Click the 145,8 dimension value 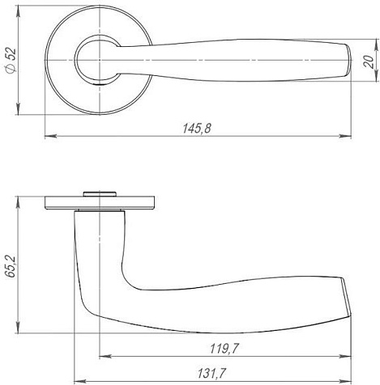(x=197, y=129)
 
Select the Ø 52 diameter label (x=11, y=60)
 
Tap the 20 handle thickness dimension (x=369, y=61)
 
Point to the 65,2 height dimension (x=11, y=266)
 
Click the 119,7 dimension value (x=224, y=349)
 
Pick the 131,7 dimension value (x=211, y=374)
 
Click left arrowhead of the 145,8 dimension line (x=50, y=136)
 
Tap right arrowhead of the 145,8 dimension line (x=345, y=136)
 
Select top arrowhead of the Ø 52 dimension (x=18, y=11)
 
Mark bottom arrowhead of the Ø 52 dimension (x=18, y=108)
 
